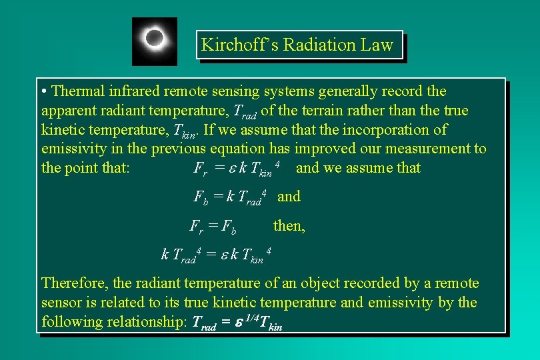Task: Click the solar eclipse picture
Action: [x=155, y=41]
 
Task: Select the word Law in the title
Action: [x=378, y=45]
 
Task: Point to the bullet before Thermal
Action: [x=43, y=91]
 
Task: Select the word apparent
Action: [x=67, y=110]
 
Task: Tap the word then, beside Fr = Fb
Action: [x=289, y=226]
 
